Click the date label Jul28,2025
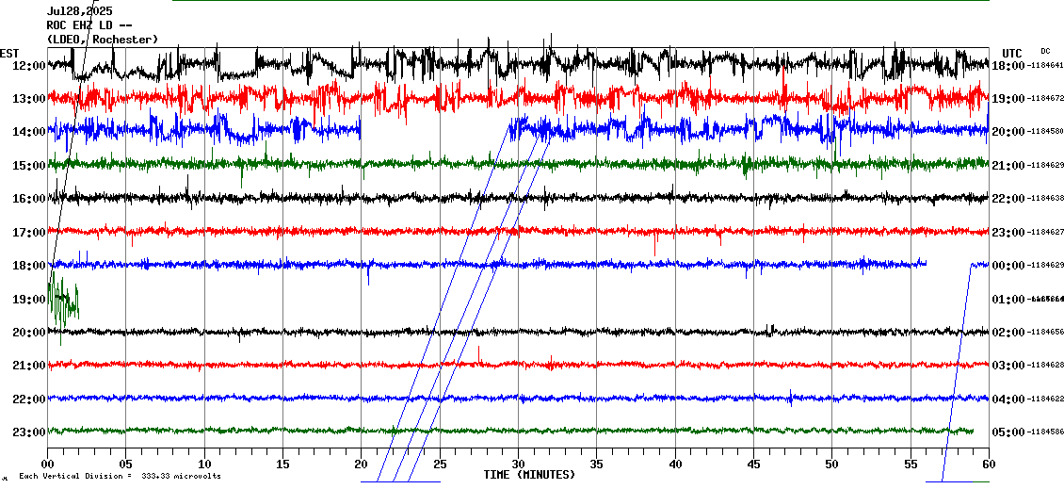(79, 11)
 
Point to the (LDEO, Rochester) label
(102, 39)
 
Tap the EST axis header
(9, 53)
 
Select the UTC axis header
(1012, 53)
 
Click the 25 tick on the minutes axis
(440, 464)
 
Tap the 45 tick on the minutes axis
(753, 464)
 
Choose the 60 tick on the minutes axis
(989, 464)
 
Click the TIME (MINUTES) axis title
(529, 475)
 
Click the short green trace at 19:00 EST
(64, 302)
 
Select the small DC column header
(1045, 51)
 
